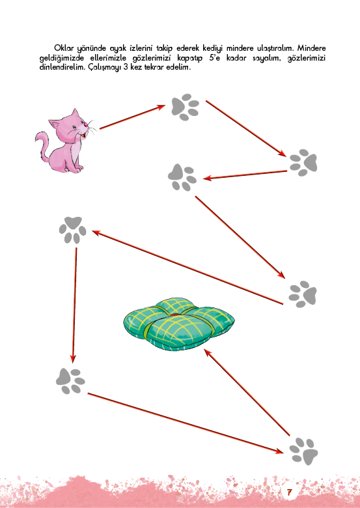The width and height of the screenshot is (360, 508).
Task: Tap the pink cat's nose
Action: [x=85, y=124]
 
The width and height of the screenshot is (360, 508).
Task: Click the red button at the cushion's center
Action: [x=175, y=315]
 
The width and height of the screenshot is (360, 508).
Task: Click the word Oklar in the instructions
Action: [x=64, y=48]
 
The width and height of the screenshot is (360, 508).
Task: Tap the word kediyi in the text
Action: [x=213, y=49]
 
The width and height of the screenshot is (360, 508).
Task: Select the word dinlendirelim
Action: [x=62, y=68]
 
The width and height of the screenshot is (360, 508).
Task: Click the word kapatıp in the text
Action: [x=189, y=59]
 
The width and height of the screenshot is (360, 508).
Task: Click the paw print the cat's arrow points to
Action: [x=185, y=107]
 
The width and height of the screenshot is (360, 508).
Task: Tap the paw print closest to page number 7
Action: [x=303, y=451]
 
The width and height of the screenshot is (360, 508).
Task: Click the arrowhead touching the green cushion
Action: [x=208, y=353]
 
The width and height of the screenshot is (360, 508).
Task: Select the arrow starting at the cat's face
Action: [x=132, y=117]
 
